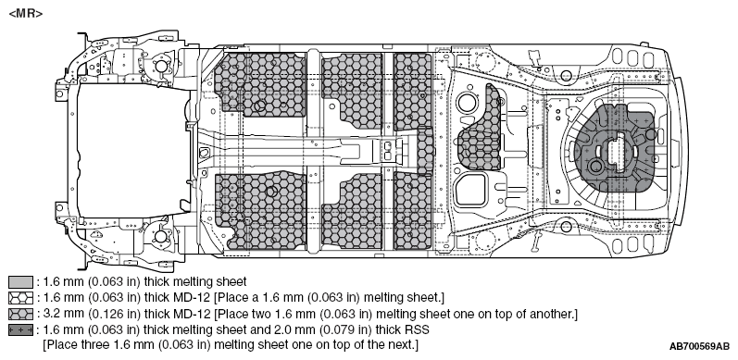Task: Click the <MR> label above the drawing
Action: point(26,14)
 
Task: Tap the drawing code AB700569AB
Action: point(699,347)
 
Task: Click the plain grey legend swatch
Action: point(20,282)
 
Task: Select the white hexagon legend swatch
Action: point(20,298)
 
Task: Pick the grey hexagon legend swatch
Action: point(20,314)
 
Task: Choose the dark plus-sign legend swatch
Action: point(20,329)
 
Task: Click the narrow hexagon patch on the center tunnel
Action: point(425,152)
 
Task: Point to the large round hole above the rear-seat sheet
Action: point(467,103)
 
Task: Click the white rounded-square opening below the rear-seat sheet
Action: point(470,190)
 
